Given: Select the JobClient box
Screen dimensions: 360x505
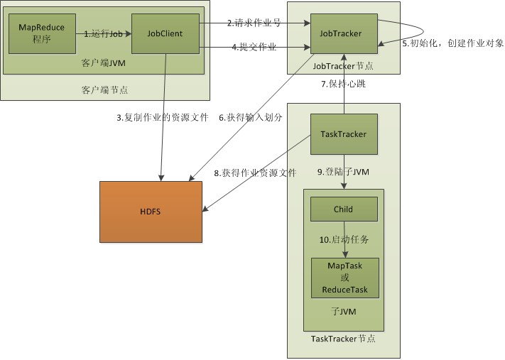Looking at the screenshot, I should (165, 33).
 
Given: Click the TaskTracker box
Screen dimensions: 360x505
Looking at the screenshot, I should (344, 133).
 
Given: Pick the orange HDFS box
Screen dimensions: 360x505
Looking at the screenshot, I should (151, 212).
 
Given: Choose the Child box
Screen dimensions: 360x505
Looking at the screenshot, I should (344, 209).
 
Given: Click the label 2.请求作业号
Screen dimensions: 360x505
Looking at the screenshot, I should (254, 23).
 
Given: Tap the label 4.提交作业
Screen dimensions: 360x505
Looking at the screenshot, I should (254, 48).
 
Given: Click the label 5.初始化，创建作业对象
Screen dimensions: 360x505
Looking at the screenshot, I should (452, 43).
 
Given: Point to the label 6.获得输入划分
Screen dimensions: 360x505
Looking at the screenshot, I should (250, 118).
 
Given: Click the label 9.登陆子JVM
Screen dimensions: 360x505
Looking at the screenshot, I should (344, 172).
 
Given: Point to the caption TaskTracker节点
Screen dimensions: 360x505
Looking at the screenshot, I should (344, 339).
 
